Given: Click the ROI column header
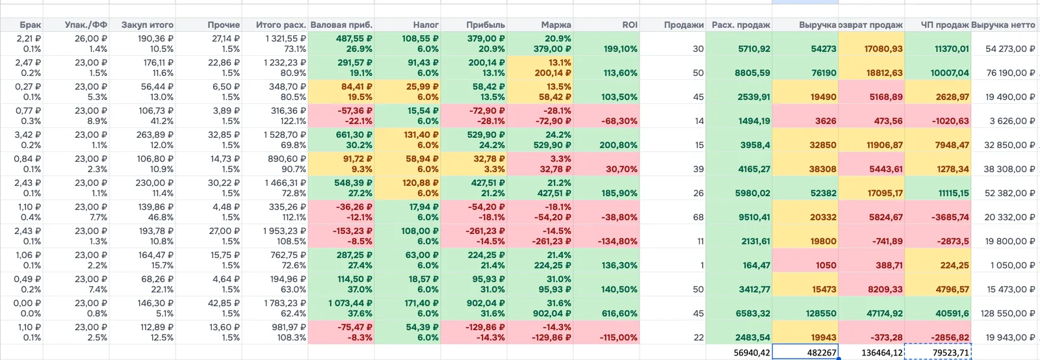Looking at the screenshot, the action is [630, 25].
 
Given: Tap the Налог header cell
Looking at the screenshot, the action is [426, 25].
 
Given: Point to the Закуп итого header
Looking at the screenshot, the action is [148, 25].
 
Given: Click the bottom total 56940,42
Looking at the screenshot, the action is [751, 353].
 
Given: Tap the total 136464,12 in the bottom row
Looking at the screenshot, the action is [882, 353].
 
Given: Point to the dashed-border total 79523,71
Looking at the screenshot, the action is [951, 353].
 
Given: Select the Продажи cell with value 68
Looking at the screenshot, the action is [698, 217].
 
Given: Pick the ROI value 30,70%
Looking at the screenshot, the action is [621, 169].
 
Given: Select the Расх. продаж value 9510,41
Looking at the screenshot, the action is [753, 217].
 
